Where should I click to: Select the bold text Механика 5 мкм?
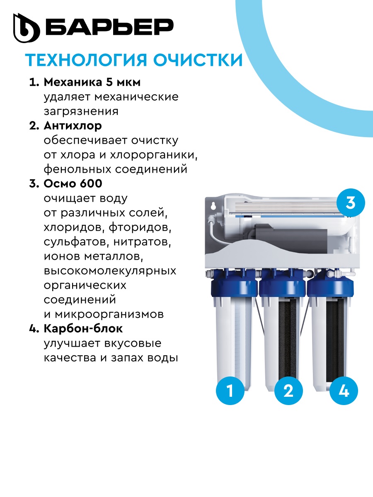(92, 82)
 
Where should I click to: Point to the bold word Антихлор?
(73, 125)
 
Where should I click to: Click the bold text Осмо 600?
(73, 183)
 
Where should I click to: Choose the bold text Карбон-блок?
(83, 328)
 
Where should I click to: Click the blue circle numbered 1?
(230, 391)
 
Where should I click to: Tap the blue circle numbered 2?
(288, 391)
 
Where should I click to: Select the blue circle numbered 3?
(350, 203)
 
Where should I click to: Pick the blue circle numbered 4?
(344, 391)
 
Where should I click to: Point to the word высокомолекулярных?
(110, 270)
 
